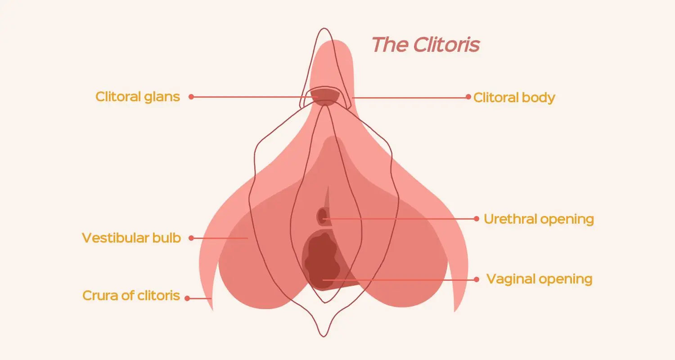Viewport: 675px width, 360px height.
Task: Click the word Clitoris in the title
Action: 446,45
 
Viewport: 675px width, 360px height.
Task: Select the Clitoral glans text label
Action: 138,97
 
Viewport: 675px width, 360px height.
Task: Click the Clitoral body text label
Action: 514,98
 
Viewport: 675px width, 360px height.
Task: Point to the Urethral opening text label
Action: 539,219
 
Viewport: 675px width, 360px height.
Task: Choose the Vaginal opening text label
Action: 539,279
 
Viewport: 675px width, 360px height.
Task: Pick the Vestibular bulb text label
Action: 131,238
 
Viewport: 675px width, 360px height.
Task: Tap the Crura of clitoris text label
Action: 131,296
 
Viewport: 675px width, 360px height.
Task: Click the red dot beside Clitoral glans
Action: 191,97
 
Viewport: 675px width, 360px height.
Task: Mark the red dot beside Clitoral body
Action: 468,97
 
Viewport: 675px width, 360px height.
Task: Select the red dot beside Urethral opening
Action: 477,219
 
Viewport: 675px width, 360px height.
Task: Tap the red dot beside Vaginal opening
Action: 477,279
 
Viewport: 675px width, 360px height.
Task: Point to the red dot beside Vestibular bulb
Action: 191,238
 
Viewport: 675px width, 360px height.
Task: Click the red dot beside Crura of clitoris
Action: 187,298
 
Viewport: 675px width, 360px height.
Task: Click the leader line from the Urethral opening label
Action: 400,219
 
